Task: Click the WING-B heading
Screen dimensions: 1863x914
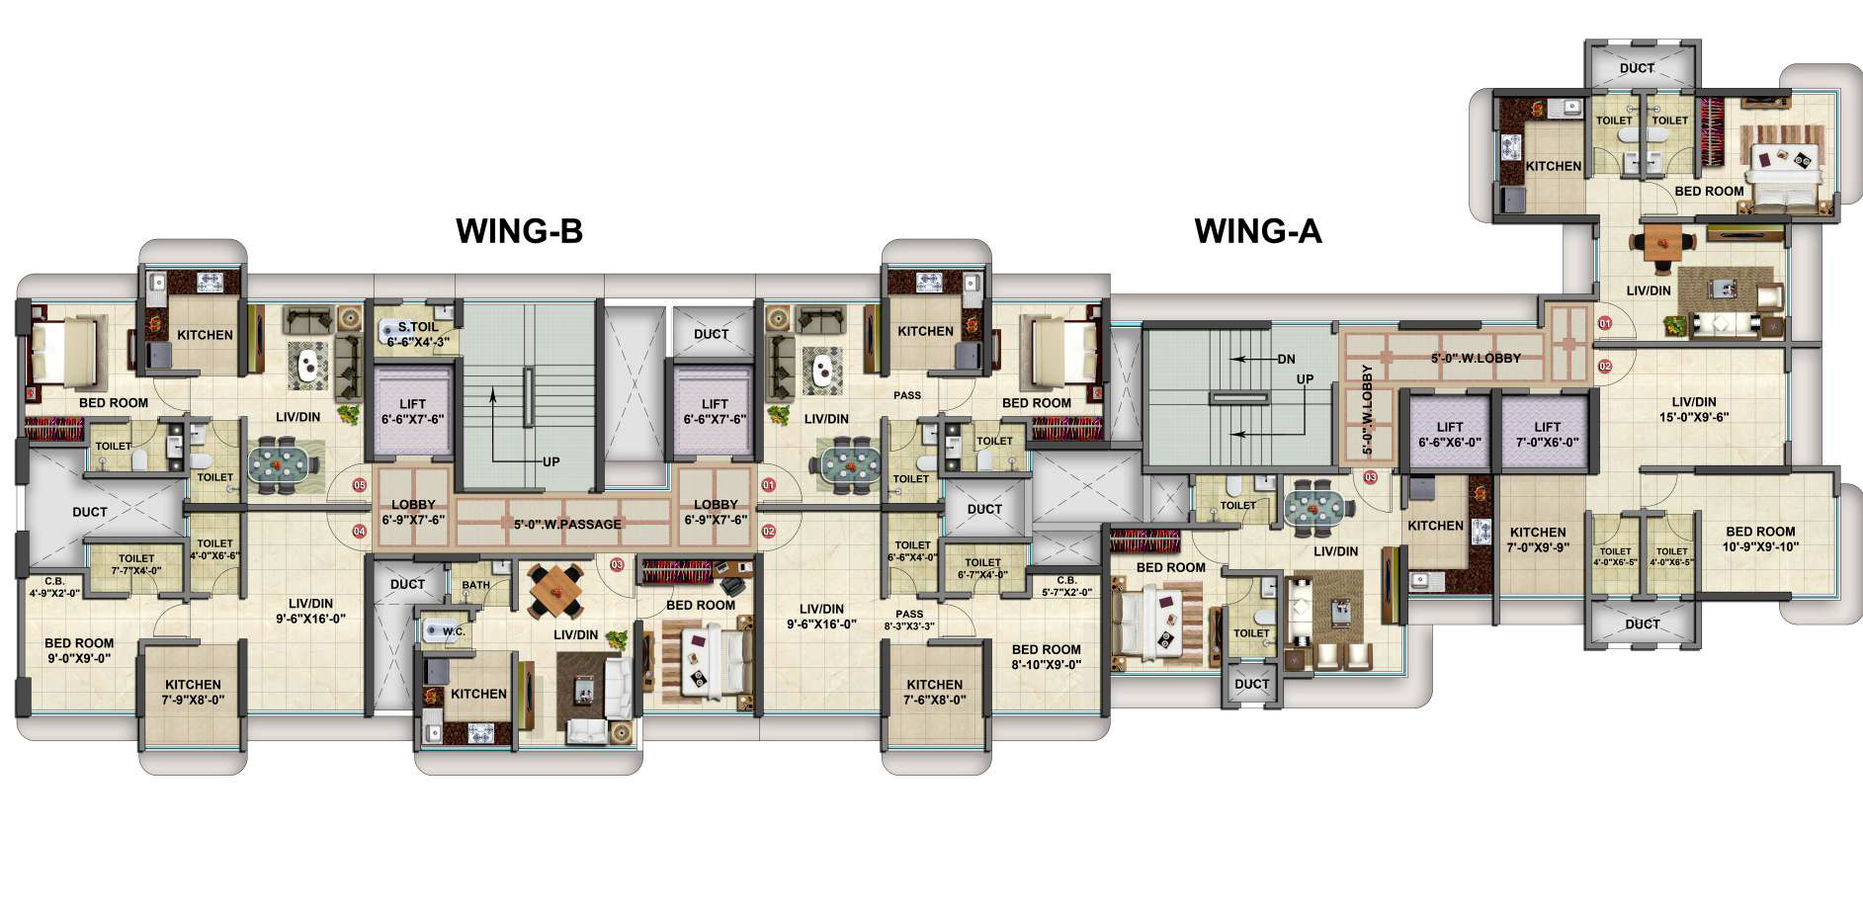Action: (x=519, y=230)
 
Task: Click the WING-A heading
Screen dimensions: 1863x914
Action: (x=1258, y=230)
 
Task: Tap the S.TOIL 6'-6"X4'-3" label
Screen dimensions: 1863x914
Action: (x=418, y=333)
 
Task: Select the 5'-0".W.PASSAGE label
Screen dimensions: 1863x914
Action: (x=567, y=524)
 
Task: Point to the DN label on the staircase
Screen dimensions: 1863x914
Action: (x=1286, y=360)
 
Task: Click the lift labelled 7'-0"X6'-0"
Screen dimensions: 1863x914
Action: (x=1547, y=435)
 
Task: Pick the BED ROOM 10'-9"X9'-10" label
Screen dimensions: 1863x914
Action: (x=1760, y=539)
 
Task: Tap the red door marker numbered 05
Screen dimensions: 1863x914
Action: (x=360, y=485)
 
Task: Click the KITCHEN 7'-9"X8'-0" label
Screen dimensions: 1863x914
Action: (x=193, y=692)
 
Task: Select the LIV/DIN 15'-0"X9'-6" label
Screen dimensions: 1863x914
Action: (x=1694, y=409)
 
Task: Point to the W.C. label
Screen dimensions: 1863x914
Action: (x=454, y=631)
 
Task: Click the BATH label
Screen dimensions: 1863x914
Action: (x=476, y=585)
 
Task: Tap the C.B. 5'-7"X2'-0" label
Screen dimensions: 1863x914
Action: (x=1066, y=586)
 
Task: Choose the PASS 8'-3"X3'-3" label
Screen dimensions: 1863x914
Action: (x=909, y=620)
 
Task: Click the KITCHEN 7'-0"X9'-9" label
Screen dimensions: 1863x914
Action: (x=1538, y=539)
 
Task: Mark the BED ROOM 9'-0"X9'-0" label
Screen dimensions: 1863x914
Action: (x=79, y=650)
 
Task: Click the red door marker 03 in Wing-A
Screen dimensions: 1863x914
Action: (x=1371, y=478)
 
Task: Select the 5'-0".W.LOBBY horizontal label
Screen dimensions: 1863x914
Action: (x=1476, y=358)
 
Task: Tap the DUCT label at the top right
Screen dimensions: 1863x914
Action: (x=1637, y=68)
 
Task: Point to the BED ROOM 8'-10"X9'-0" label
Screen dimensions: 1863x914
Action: (x=1046, y=657)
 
